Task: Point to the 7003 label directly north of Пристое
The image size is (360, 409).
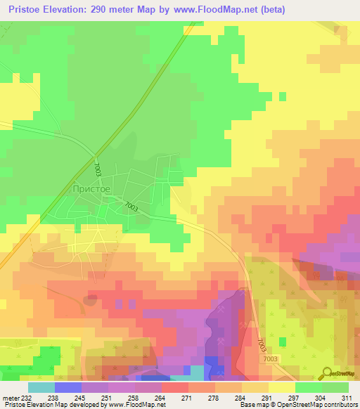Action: coord(97,169)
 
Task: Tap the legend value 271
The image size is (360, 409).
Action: coord(186,397)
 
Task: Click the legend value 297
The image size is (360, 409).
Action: coord(293,397)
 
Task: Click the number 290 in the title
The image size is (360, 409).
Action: coord(112,10)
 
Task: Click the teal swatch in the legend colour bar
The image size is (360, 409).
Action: coord(41,387)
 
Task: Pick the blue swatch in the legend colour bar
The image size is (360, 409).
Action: coord(68,387)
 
